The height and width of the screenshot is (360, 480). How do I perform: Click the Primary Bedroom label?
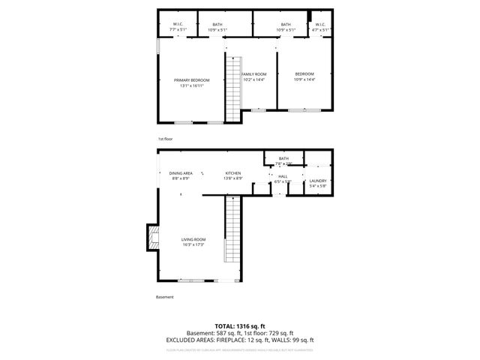click(191, 80)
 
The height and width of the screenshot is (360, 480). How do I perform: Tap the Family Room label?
click(253, 74)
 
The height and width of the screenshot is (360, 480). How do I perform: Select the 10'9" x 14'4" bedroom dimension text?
click(304, 79)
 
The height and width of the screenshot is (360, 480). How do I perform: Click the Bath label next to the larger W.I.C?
click(217, 25)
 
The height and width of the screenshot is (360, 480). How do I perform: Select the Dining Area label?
click(180, 173)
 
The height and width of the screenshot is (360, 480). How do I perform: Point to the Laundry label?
click(317, 181)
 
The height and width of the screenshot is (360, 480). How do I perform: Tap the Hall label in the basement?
click(283, 176)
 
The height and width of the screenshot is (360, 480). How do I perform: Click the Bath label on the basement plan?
click(283, 158)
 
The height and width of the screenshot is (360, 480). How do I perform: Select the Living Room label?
click(192, 239)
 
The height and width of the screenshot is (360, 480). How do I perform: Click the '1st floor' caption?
click(165, 139)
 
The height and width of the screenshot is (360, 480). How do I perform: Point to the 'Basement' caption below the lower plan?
click(165, 297)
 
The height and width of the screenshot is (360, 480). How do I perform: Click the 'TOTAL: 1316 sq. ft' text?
click(240, 326)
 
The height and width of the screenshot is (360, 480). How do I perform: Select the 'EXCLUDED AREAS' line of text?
click(240, 340)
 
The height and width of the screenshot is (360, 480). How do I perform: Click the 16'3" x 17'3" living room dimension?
click(192, 244)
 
